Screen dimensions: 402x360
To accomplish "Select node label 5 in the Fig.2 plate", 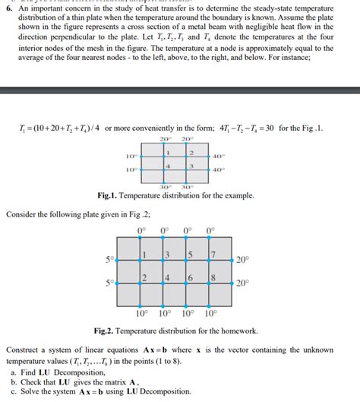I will click(x=190, y=254).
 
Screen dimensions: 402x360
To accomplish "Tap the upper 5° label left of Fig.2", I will click(x=111, y=260).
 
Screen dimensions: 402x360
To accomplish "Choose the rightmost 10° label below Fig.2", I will click(x=210, y=313).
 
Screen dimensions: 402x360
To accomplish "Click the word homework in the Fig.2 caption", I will click(x=237, y=332).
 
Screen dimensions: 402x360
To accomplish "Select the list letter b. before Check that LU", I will click(x=14, y=382).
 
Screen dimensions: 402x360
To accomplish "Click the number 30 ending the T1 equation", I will click(x=259, y=127).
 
